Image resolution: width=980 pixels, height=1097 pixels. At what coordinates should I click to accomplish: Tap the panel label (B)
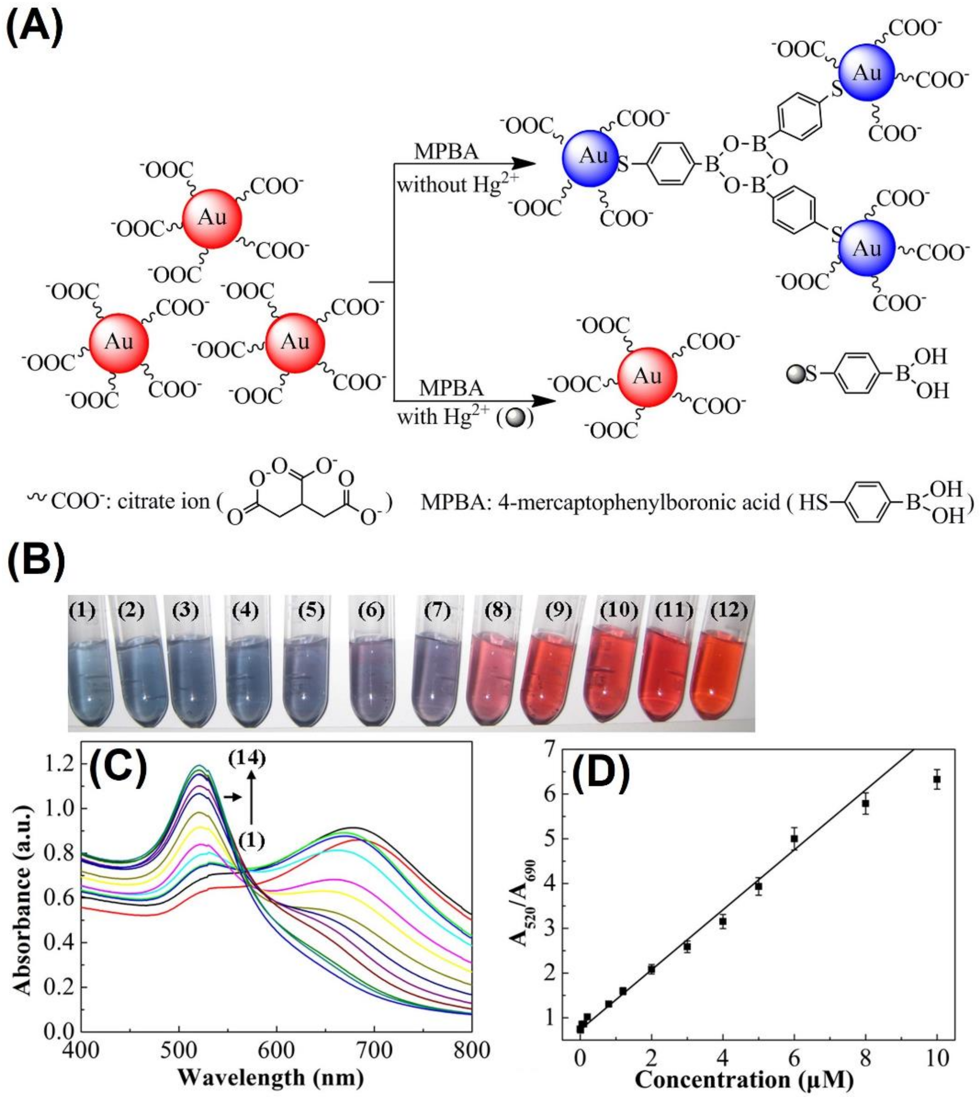[x=35, y=566]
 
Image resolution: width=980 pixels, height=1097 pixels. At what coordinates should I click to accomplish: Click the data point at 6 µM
[x=794, y=839]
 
